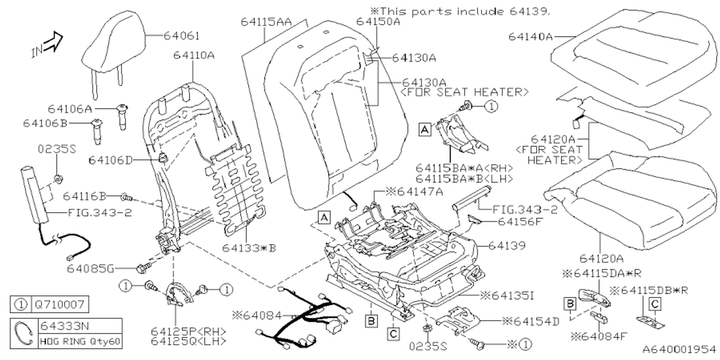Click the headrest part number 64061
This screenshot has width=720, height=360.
pyautogui.click(x=182, y=35)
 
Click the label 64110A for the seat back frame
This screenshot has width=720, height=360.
pyautogui.click(x=193, y=55)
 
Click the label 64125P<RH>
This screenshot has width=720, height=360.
pyautogui.click(x=181, y=330)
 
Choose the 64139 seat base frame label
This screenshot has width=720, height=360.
pyautogui.click(x=507, y=246)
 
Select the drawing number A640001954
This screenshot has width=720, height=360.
pyautogui.click(x=678, y=350)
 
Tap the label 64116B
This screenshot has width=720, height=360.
pyautogui.click(x=84, y=196)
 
